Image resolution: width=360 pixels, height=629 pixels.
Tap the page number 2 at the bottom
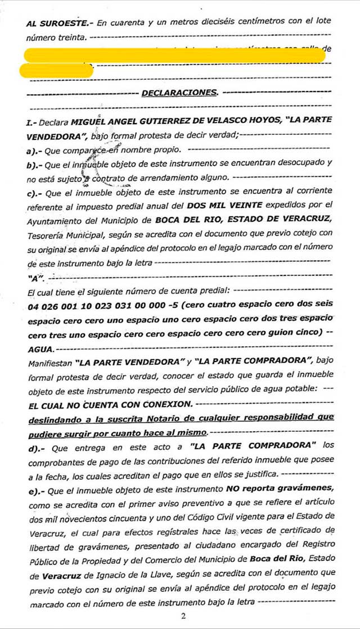[183, 616]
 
